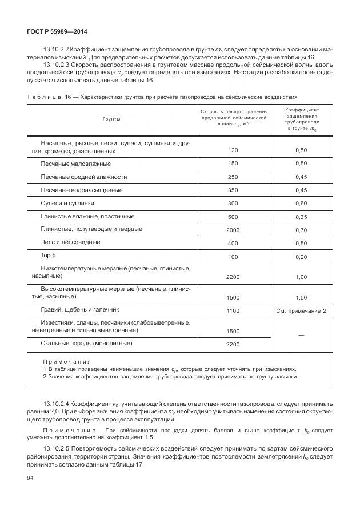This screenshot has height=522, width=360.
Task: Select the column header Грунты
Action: (111, 119)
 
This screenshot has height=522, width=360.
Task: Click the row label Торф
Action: (48, 255)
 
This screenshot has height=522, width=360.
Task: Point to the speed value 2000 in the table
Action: (233, 230)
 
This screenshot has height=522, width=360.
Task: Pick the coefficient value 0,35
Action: (301, 217)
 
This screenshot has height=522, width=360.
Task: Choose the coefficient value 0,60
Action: (301, 204)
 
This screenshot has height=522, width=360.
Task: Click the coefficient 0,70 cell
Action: (301, 230)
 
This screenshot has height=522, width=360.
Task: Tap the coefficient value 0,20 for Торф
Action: (301, 257)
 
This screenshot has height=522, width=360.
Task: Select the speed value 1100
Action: (233, 310)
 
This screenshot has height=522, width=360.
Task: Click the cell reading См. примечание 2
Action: (301, 310)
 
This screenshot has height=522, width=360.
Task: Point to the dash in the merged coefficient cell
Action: (301, 334)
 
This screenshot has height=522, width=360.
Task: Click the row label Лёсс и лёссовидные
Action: (70, 242)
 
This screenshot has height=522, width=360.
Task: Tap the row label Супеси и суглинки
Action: (67, 202)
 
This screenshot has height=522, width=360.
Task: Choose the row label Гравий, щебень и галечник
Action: (79, 309)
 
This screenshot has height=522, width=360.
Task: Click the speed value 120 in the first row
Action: (233, 150)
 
